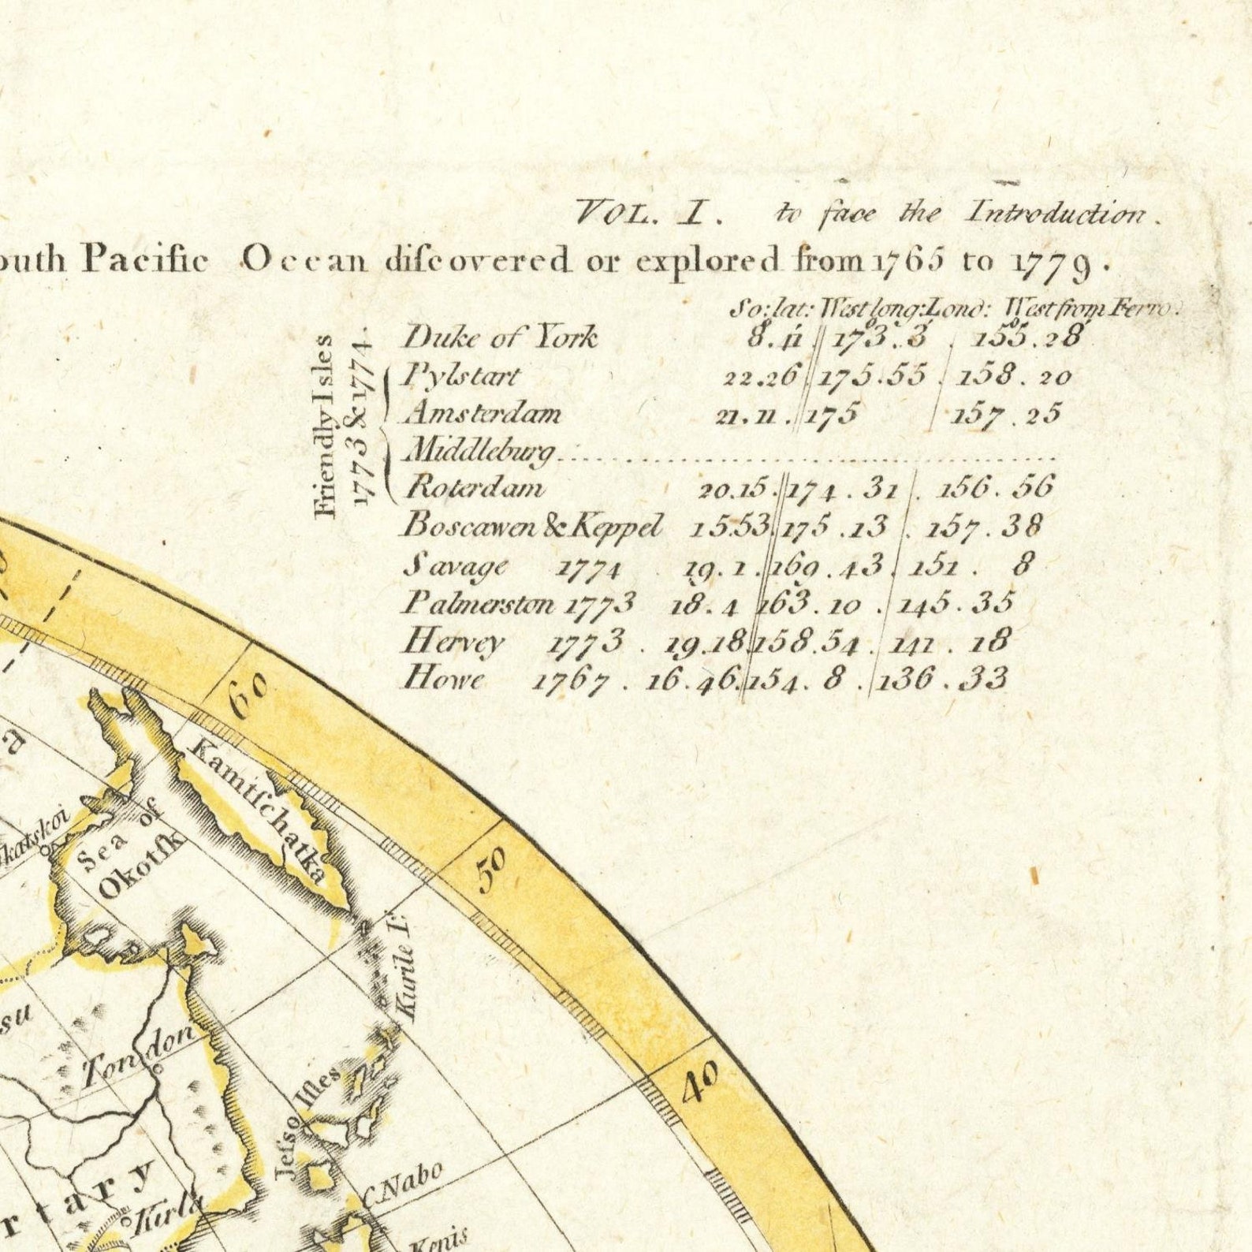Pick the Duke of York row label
501,338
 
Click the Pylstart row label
460,375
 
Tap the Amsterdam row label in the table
483,413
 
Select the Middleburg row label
480,451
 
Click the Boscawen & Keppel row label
533,526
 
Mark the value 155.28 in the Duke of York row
1027,338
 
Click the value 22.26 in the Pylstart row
762,376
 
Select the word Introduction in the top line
1057,213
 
